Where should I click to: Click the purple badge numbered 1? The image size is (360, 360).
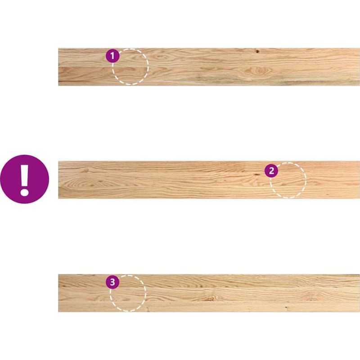point(112,56)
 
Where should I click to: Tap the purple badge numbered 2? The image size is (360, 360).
point(271,171)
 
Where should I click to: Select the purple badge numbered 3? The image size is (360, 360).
point(112,282)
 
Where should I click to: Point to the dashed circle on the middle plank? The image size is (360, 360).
point(306,180)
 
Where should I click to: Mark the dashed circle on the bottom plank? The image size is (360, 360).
point(146,293)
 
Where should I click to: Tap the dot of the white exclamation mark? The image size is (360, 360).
point(24,192)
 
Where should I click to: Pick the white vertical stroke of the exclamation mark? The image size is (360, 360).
point(24,175)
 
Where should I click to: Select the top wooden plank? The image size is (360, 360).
point(209,67)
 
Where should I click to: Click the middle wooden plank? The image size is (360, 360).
point(209,180)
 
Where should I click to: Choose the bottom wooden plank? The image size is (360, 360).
point(209,293)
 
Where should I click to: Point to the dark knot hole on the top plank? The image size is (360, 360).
point(257,51)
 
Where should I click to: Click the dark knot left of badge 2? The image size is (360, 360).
point(256,175)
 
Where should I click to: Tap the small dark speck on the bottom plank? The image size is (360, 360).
point(286,307)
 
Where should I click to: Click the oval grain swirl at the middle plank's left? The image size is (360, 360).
point(82,184)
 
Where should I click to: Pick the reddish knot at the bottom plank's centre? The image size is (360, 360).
point(210,298)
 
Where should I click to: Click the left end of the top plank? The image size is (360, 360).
point(58,67)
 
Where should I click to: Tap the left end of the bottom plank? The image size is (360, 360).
point(58,293)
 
